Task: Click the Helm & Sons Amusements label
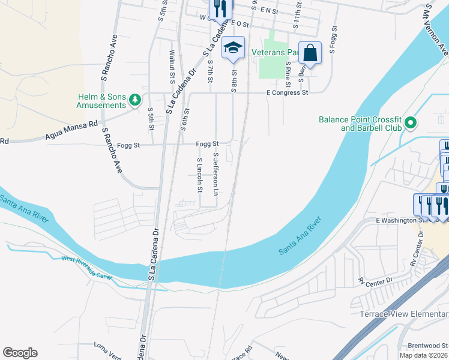[101, 101]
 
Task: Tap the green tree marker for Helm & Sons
[136, 100]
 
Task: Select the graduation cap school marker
[233, 48]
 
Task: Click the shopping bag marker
[310, 53]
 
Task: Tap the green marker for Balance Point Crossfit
[411, 124]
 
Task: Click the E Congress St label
[287, 93]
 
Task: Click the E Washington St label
[396, 220]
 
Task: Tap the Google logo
[20, 353]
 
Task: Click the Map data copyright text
[423, 355]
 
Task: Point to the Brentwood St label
[427, 345]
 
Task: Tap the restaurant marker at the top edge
[220, 9]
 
